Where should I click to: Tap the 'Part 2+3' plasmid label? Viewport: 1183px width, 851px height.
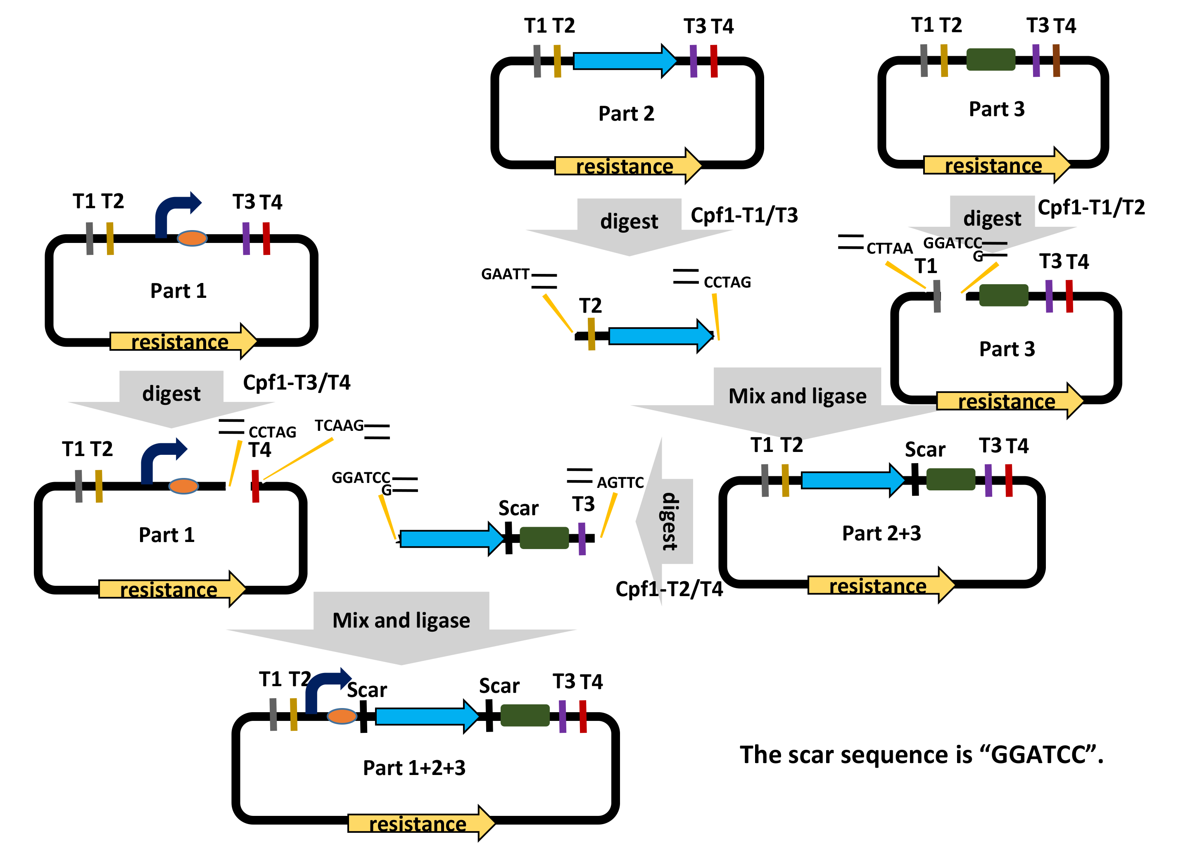[881, 533]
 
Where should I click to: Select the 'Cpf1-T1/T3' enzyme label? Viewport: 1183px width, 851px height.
[744, 215]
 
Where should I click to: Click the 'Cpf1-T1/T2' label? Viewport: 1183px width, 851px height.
[1090, 207]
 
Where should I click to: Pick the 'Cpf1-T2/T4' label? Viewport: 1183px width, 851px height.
[669, 589]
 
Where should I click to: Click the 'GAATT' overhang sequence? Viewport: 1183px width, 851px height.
[505, 274]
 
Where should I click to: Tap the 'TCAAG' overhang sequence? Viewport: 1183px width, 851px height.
[339, 426]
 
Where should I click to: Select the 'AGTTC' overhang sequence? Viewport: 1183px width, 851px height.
[620, 483]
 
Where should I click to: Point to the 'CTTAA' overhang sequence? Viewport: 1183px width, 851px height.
[889, 248]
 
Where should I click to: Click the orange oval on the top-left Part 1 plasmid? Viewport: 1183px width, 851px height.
[192, 238]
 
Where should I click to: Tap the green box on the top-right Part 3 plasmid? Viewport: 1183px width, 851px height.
[991, 59]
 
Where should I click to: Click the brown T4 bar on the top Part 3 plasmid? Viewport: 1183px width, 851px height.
[1056, 61]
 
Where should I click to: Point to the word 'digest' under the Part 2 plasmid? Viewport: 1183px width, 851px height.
[629, 221]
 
